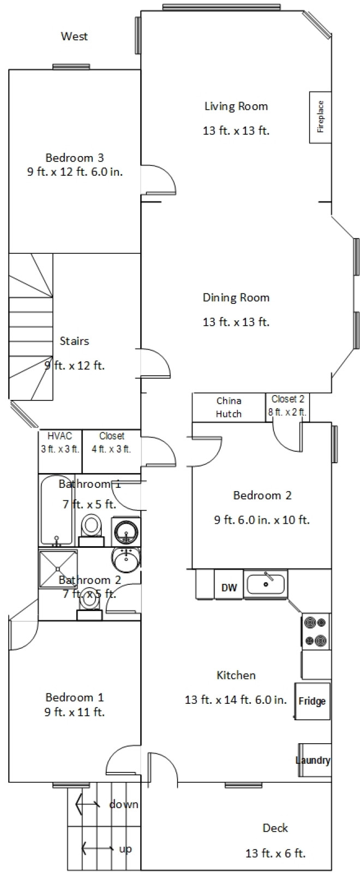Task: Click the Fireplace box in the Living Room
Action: coord(320,117)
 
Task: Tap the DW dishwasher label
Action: coord(229,587)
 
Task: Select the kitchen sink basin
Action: coord(266,584)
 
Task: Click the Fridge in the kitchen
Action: coord(313,701)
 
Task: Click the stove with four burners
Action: coord(316,631)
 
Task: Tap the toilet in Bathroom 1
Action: coord(92,530)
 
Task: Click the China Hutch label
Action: coord(229,407)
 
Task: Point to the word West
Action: coord(74,36)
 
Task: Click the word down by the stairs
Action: coord(123,804)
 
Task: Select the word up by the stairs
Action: coord(125,848)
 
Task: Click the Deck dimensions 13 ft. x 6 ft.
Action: coord(275,853)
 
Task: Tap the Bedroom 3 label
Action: coord(75,158)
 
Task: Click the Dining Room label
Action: coord(236,298)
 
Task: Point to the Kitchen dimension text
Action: coord(236,699)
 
